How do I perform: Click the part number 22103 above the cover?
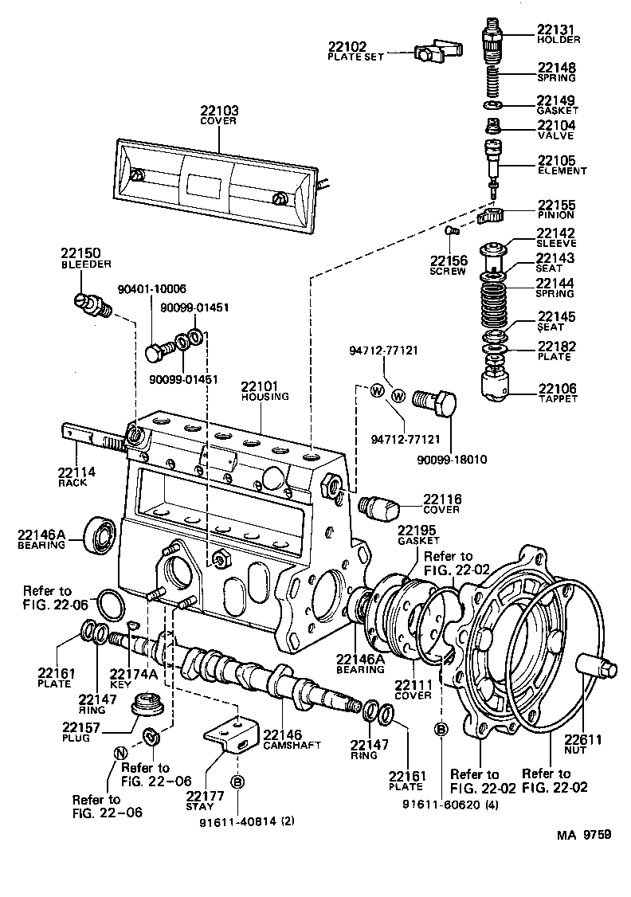(218, 111)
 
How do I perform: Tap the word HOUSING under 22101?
(265, 397)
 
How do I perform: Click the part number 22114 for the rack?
(76, 472)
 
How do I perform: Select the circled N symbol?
(120, 754)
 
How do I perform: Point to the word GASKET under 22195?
(418, 541)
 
